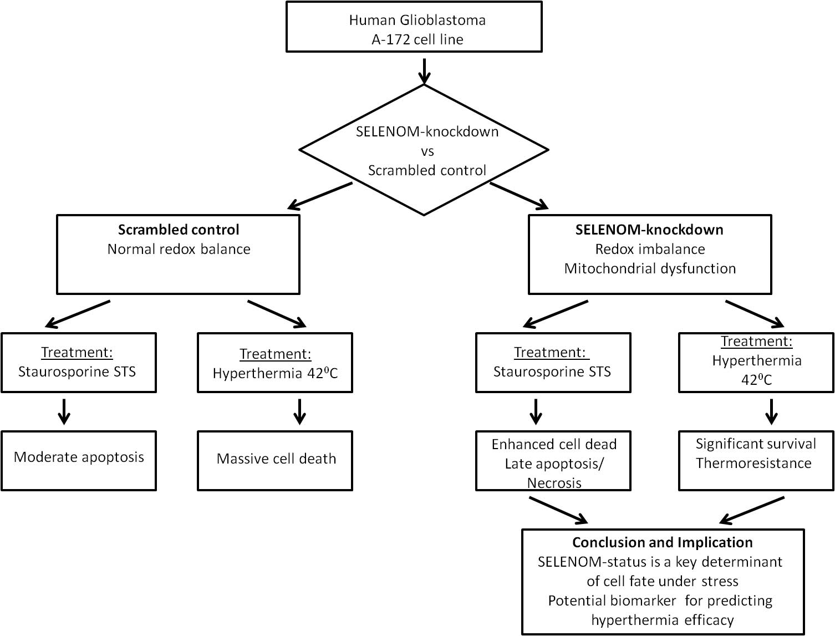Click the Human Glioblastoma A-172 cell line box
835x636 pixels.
[x=414, y=27]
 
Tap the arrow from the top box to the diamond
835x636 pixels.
[x=424, y=70]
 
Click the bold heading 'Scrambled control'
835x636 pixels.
[x=179, y=230]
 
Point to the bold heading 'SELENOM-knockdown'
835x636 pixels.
[x=649, y=230]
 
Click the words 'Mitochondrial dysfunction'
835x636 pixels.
[x=650, y=268]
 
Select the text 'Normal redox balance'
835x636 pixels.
[x=179, y=249]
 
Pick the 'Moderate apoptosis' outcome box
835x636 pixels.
[x=79, y=460]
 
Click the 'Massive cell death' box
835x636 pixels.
[x=275, y=460]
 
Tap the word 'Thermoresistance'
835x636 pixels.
[x=753, y=463]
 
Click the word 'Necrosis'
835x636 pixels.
[x=554, y=483]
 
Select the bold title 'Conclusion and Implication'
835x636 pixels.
[x=663, y=542]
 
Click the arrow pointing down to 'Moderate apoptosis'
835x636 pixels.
[x=64, y=411]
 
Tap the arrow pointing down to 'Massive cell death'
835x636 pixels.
[x=300, y=411]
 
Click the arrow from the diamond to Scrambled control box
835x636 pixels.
[x=320, y=196]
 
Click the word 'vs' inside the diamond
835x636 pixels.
[x=427, y=151]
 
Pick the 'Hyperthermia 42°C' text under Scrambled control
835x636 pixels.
[x=275, y=373]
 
